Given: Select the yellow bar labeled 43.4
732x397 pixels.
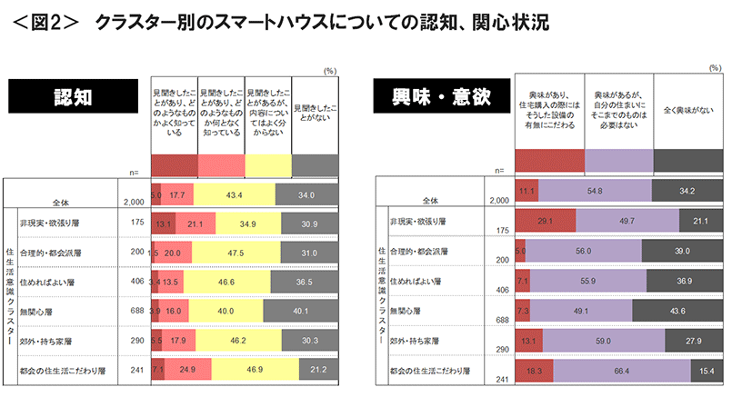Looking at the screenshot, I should pos(234,194).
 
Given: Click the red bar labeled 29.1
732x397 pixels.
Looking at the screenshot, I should pos(546,219).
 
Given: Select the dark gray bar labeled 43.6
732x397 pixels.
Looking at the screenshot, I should pos(677,311).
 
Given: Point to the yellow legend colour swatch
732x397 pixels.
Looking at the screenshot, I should pos(268,164).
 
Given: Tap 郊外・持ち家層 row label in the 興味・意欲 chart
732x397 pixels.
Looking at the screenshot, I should pos(414,341).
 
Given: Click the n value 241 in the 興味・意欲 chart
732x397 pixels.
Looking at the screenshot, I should pos(499,380).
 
